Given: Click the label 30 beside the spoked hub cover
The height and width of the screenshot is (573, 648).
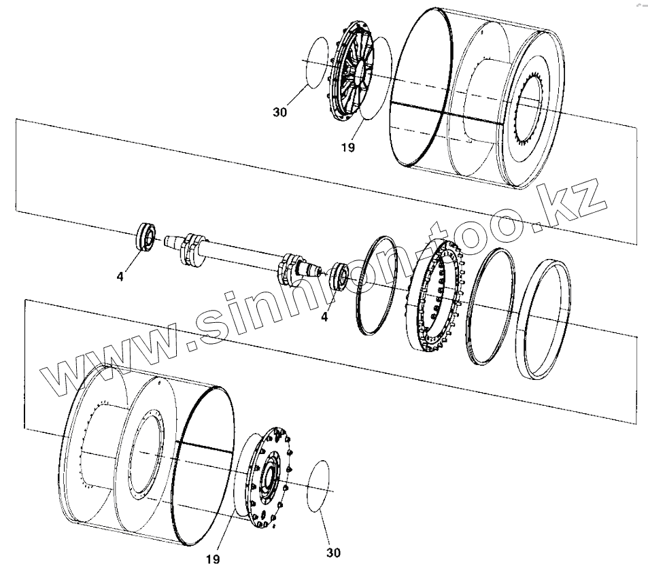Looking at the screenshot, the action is [280, 113].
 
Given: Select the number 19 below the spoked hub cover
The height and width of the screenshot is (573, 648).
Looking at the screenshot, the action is [347, 147].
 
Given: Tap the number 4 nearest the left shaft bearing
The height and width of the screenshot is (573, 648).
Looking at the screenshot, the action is [120, 277].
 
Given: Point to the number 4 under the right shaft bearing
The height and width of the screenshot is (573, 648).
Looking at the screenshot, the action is [324, 317].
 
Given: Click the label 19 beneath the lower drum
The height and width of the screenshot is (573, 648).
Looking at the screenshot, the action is [213, 559].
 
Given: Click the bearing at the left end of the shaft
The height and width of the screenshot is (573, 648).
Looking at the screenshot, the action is [146, 237].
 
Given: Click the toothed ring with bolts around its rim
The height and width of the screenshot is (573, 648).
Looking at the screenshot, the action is [435, 295].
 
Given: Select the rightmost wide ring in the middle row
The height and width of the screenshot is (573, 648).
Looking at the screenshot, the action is [542, 317].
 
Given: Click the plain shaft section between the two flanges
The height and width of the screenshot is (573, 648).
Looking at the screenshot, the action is [238, 258].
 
